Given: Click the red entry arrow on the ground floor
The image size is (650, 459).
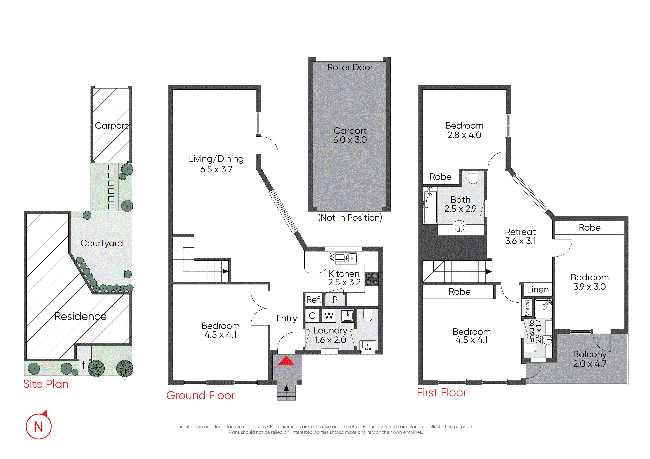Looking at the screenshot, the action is click(286, 360).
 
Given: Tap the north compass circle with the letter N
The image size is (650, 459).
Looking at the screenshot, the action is click(39, 426).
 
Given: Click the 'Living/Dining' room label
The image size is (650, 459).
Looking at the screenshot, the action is click(216, 159).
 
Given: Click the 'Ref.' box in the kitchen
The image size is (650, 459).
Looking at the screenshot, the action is click(313, 299).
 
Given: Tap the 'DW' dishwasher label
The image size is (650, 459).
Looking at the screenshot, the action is click(331, 258).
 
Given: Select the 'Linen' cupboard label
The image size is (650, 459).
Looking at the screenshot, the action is click(538, 290).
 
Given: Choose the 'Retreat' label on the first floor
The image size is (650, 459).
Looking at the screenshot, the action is click(520, 232).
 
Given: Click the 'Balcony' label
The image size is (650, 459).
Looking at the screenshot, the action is click(590, 354).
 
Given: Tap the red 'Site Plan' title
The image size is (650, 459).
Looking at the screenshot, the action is click(46, 384).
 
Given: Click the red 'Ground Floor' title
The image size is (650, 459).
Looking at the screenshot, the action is click(200, 395).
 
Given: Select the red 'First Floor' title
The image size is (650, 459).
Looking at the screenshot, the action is click(442, 393).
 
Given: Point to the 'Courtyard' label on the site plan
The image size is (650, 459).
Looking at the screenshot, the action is click(102, 243).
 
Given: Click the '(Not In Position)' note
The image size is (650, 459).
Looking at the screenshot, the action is click(350, 217).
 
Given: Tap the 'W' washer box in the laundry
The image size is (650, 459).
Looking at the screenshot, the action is click(329, 316).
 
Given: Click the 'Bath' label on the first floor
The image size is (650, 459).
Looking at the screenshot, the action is click(460, 200).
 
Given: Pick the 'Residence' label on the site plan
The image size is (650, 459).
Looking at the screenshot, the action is click(80, 316).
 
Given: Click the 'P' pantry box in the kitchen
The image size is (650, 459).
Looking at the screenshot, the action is click(335, 299).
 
